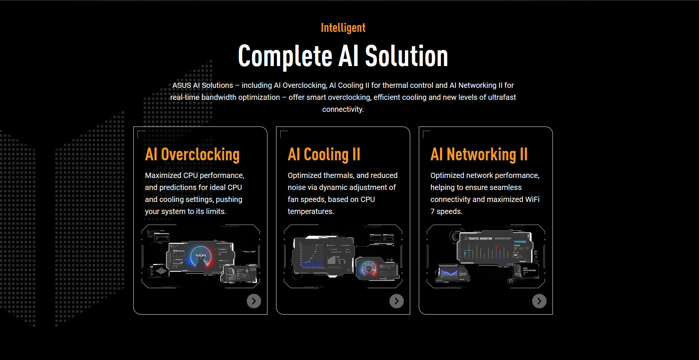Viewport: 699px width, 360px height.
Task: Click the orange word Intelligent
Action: click(343, 28)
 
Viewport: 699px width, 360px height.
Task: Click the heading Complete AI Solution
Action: click(343, 56)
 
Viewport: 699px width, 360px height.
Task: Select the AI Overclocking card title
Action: click(192, 155)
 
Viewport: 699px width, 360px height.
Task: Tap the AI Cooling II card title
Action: click(324, 155)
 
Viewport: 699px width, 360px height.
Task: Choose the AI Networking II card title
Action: click(479, 155)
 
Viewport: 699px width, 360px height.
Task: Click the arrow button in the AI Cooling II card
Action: click(396, 301)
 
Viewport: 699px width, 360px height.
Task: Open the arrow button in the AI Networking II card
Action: click(539, 301)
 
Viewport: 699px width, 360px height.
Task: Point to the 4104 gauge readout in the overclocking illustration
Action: click(201, 256)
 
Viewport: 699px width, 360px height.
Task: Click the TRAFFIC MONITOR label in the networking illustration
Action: click(480, 239)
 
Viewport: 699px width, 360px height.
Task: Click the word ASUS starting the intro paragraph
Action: click(182, 86)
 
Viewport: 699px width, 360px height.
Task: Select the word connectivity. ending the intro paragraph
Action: click(343, 110)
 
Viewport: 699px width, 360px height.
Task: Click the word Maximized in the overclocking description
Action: click(163, 176)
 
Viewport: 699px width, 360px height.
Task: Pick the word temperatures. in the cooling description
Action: click(311, 212)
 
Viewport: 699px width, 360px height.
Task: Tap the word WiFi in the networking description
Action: click(532, 200)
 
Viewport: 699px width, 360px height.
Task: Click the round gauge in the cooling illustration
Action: click(368, 268)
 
